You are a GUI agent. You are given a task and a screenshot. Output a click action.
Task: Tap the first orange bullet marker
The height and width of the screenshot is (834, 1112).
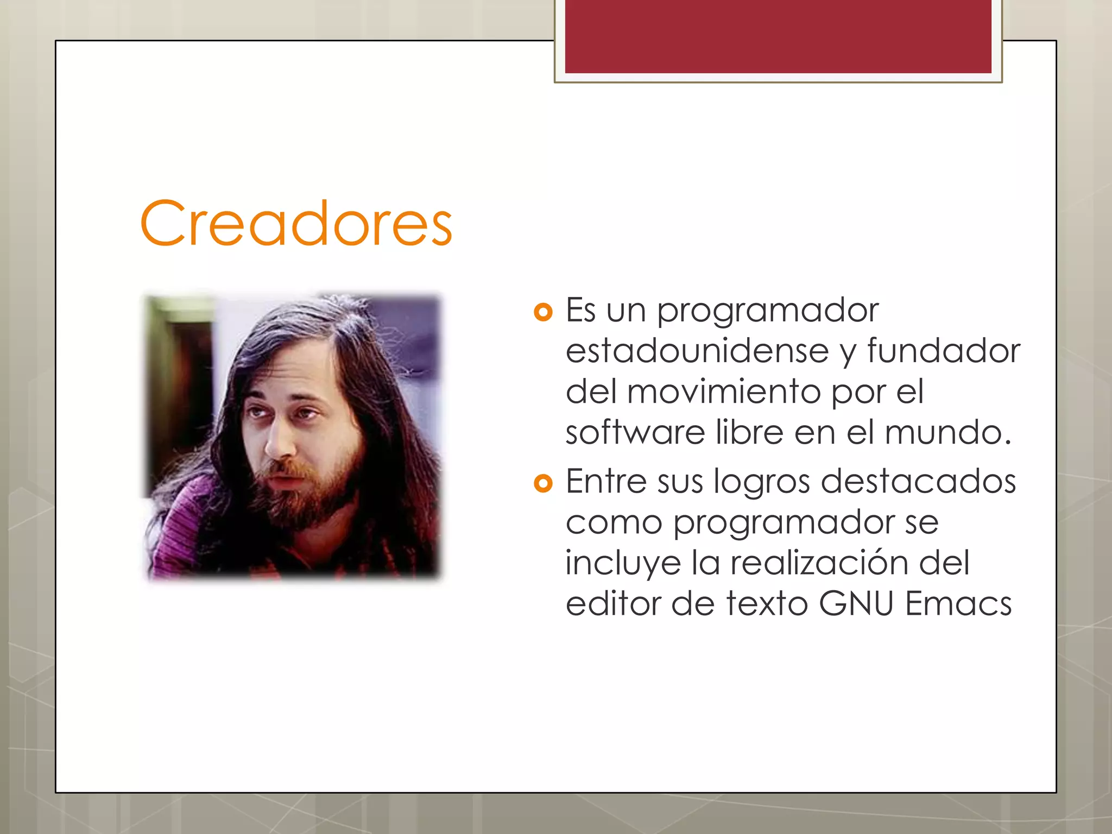[x=542, y=312]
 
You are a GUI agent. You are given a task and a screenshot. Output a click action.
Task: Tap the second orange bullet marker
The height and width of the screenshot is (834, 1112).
[x=542, y=483]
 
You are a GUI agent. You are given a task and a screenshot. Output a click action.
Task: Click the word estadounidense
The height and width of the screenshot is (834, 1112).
[x=697, y=351]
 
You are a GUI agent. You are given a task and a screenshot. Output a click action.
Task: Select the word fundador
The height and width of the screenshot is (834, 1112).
[x=944, y=351]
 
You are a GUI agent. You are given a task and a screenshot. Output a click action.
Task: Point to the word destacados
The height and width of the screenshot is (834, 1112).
[x=918, y=482]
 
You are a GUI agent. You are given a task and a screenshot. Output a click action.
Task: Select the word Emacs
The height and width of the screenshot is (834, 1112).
[x=958, y=604]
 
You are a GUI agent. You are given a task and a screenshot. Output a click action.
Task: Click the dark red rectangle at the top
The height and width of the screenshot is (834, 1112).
[x=778, y=36]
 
